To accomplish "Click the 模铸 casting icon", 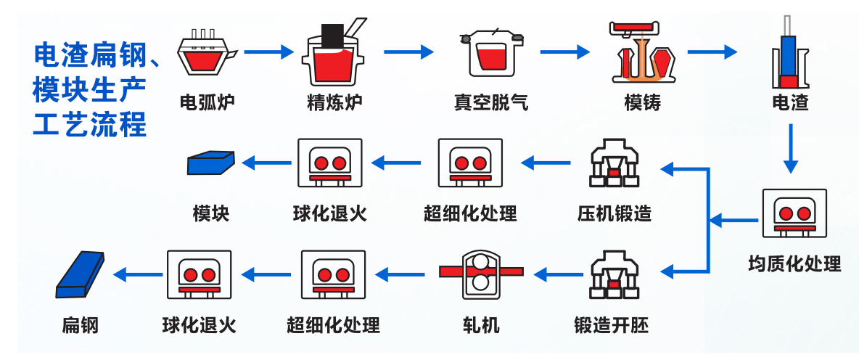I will point(641,52).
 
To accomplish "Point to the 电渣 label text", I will point(790,102).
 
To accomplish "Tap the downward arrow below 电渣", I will point(792,148).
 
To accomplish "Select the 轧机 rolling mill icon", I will point(480,274).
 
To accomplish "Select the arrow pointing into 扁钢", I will point(137,274).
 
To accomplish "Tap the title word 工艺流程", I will point(91,125).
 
